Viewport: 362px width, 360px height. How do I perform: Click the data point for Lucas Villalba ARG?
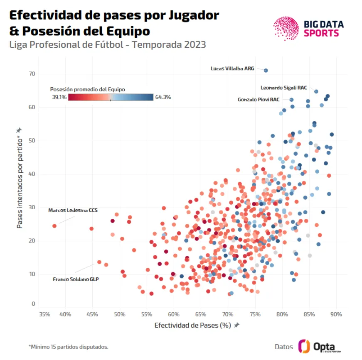click(x=266, y=71)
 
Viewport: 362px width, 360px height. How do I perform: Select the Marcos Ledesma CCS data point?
click(x=54, y=226)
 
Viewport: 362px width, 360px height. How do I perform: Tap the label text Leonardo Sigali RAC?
click(x=283, y=88)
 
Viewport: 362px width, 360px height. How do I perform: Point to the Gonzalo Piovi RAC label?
click(x=258, y=100)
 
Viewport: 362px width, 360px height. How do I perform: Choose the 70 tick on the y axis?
click(x=32, y=74)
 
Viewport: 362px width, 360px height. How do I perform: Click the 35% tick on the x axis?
click(x=44, y=314)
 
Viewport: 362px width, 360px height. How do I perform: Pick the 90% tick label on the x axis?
click(x=337, y=314)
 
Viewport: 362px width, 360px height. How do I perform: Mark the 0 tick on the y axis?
click(x=34, y=304)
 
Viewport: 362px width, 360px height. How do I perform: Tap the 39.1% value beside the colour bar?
click(x=59, y=97)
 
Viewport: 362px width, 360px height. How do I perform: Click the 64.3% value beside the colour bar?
click(x=163, y=97)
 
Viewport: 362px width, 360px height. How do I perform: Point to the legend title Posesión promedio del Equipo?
click(x=87, y=89)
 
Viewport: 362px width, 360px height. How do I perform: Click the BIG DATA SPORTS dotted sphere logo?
click(x=286, y=28)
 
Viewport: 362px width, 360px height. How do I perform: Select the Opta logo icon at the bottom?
click(x=304, y=346)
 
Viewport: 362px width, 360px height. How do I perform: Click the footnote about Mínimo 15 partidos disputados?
click(x=68, y=346)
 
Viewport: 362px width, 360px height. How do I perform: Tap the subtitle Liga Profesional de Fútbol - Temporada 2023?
click(x=108, y=44)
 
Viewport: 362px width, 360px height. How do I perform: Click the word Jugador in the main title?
click(x=193, y=15)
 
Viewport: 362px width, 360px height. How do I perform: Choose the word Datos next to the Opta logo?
click(x=284, y=347)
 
